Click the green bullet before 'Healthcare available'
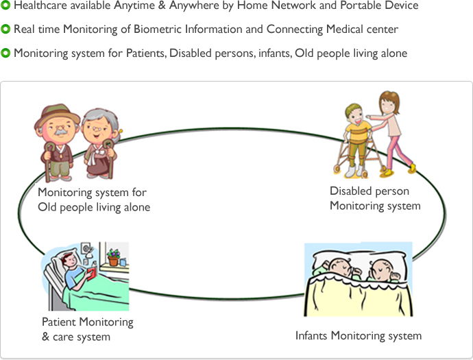[x=5, y=5]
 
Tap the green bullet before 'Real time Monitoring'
[x=5, y=29]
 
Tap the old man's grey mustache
[x=60, y=132]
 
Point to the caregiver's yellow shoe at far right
[x=412, y=168]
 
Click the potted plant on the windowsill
[x=113, y=257]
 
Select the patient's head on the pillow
[x=70, y=260]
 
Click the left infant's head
[x=340, y=267]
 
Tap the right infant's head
[x=382, y=269]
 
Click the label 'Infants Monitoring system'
[x=359, y=336]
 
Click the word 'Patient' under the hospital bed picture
[x=59, y=322]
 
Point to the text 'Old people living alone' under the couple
[x=94, y=207]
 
